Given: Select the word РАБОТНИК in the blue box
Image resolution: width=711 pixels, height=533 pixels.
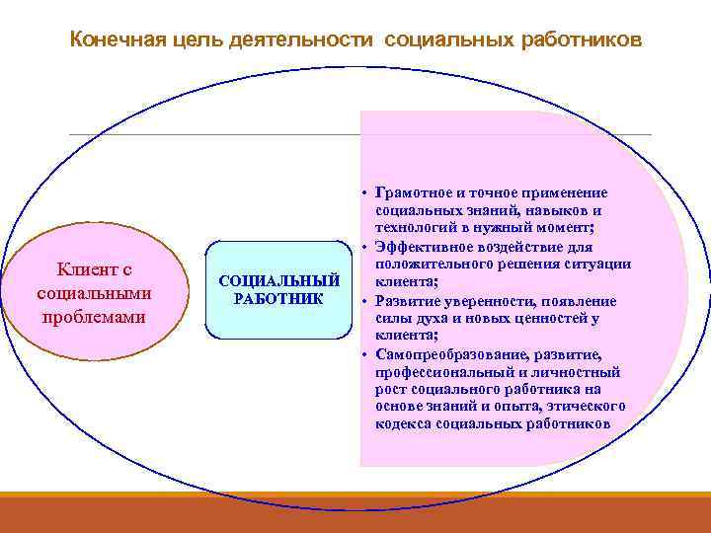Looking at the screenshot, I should (278, 298).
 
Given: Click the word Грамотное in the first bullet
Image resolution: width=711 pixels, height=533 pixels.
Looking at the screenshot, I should (416, 192).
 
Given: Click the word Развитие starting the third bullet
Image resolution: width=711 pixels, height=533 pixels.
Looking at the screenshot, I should (407, 301).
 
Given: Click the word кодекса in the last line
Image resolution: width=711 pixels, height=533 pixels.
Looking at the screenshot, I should (402, 424).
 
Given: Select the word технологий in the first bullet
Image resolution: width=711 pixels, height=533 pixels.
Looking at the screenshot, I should (416, 228).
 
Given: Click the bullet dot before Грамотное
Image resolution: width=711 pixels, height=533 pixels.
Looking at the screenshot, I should (364, 192).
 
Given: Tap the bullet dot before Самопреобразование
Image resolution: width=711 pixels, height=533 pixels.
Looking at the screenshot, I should (364, 354).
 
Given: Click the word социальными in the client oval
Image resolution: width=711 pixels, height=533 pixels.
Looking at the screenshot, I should (93, 293).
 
